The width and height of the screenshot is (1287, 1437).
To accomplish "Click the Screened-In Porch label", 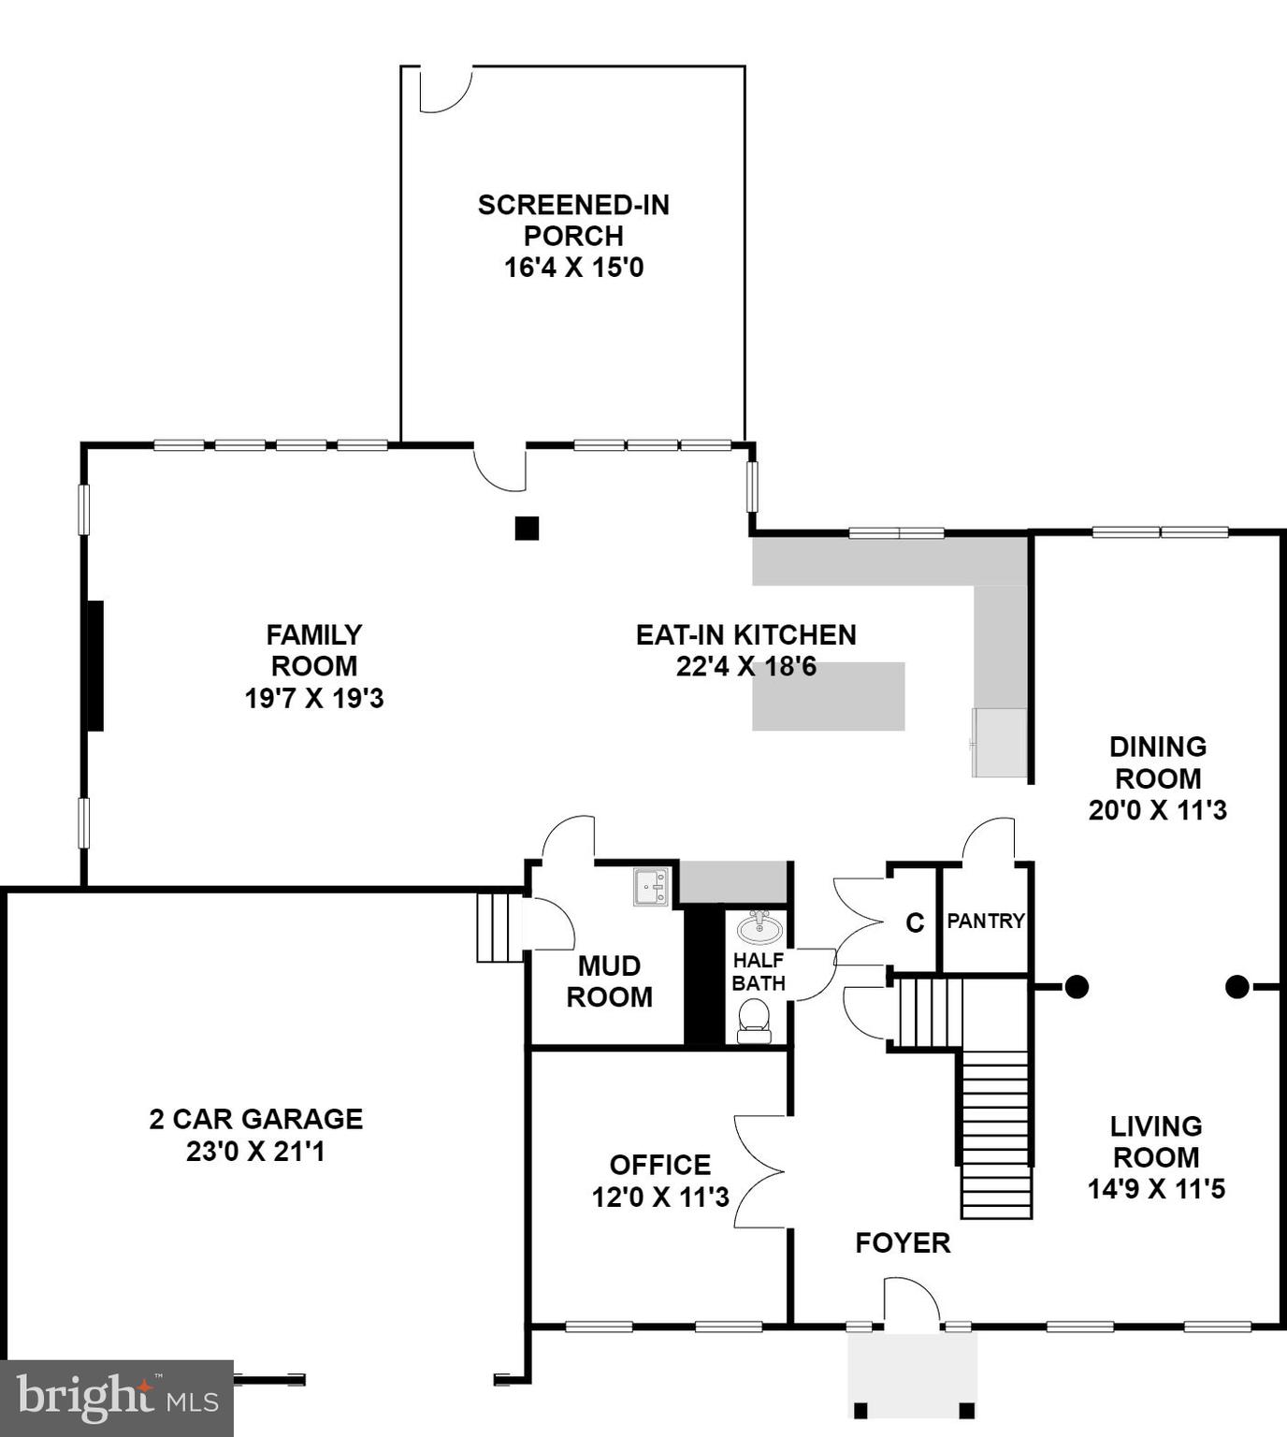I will pyautogui.click(x=573, y=220).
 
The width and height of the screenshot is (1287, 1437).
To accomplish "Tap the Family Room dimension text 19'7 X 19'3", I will pyautogui.click(x=314, y=699).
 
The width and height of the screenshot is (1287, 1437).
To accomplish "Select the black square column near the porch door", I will pyautogui.click(x=528, y=529).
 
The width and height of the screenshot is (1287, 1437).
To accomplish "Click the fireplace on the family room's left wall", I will pyautogui.click(x=94, y=665).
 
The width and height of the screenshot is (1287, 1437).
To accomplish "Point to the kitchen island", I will pyautogui.click(x=829, y=697).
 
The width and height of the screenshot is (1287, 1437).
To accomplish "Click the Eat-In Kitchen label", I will pyautogui.click(x=745, y=635).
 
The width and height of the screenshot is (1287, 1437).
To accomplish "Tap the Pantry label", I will pyautogui.click(x=986, y=921).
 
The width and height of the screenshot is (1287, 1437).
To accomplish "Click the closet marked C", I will pyautogui.click(x=915, y=923).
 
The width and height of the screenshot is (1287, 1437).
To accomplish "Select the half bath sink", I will pyautogui.click(x=760, y=928).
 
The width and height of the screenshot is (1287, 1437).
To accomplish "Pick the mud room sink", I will pyautogui.click(x=651, y=887).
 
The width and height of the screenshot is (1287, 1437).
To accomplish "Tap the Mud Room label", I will pyautogui.click(x=609, y=981).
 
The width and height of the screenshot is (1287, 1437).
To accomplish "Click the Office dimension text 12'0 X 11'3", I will pyautogui.click(x=660, y=1197).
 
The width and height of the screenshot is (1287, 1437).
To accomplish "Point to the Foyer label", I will pyautogui.click(x=903, y=1242).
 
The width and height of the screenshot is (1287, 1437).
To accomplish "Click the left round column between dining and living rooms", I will pyautogui.click(x=1077, y=986).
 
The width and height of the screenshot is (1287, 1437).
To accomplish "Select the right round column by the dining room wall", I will pyautogui.click(x=1236, y=986).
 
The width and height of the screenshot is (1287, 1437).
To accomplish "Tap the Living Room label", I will pyautogui.click(x=1156, y=1141).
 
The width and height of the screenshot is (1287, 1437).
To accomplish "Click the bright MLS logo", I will pyautogui.click(x=117, y=1398).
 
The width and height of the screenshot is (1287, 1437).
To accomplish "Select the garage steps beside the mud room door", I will pyautogui.click(x=499, y=927).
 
